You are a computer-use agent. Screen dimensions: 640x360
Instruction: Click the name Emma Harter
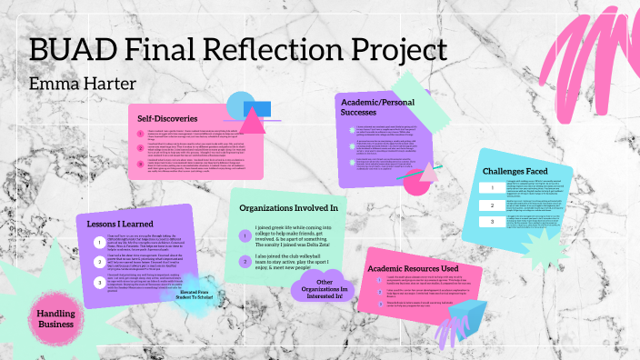76,85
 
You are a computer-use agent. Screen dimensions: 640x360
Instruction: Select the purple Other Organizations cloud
319,287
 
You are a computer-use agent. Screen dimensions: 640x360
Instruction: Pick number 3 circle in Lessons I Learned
98,283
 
